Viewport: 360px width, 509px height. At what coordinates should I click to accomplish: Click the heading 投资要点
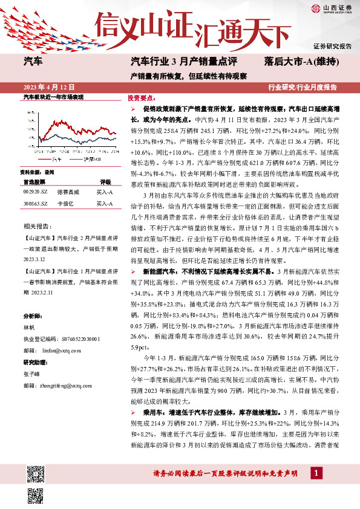140,98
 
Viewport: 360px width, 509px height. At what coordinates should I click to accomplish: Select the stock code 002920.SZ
35,192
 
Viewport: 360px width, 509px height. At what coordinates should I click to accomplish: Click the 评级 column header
105,181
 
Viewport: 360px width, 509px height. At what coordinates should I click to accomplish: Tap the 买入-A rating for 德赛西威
105,192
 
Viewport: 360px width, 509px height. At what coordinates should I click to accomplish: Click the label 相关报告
38,225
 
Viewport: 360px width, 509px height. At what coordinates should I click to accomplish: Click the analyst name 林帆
30,326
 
